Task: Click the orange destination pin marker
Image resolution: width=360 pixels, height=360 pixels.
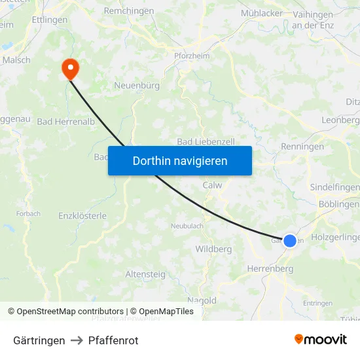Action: (69, 68)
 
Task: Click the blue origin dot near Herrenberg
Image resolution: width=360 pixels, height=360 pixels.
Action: (289, 241)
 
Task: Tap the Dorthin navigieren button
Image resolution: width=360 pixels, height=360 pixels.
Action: (180, 160)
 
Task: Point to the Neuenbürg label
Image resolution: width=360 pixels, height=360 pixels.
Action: (137, 85)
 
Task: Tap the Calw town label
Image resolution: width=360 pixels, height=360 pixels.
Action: (212, 185)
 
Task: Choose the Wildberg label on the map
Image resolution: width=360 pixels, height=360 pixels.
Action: (213, 249)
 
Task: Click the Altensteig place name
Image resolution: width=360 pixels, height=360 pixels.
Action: (145, 274)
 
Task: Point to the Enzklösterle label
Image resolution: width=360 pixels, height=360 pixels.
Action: (82, 215)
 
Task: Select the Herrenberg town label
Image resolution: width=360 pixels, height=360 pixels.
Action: (270, 268)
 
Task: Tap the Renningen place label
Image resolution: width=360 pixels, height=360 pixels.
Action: (302, 147)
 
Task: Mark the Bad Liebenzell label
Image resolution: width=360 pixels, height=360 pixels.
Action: (206, 141)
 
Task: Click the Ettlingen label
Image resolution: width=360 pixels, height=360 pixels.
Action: (50, 20)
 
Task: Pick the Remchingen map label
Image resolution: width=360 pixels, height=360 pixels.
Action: (129, 11)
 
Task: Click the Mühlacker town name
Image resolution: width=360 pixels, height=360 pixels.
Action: (262, 13)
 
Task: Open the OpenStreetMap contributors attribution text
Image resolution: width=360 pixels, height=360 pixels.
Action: (70, 312)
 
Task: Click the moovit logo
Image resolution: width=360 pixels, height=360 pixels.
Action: (321, 340)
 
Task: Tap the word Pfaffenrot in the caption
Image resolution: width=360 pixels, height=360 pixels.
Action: (113, 340)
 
